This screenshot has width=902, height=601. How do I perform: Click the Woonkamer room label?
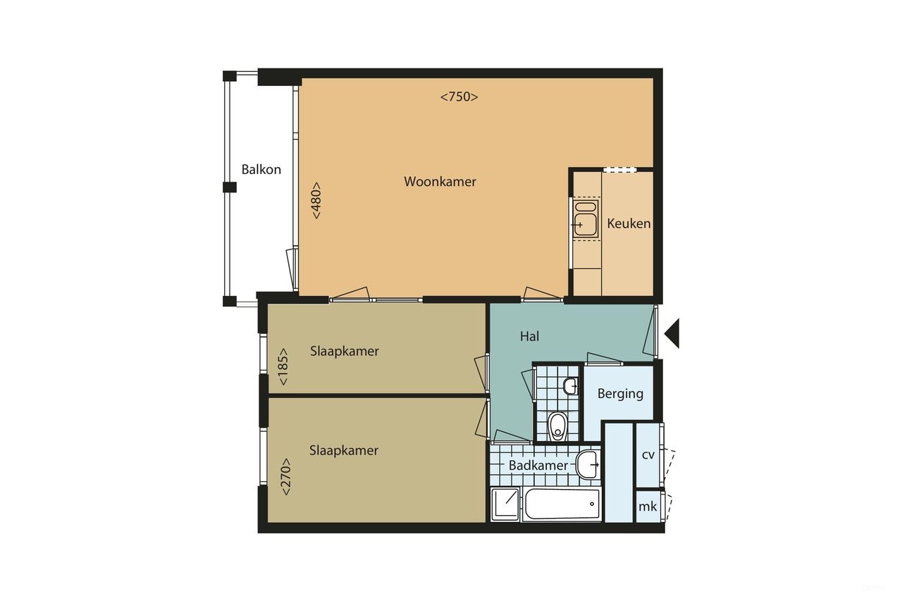click(x=440, y=182)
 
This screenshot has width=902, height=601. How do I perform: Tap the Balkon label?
click(x=261, y=170)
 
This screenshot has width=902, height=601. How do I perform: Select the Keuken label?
click(x=629, y=224)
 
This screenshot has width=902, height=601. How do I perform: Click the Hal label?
click(x=529, y=337)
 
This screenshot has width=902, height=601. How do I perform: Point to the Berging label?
click(x=620, y=394)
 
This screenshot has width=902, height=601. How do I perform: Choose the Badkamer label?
click(x=538, y=466)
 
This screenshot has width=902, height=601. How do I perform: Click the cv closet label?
click(x=648, y=455)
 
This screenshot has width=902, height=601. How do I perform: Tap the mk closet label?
click(x=648, y=507)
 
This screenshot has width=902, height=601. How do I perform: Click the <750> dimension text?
click(x=459, y=97)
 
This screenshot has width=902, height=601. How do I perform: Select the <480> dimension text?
click(x=317, y=201)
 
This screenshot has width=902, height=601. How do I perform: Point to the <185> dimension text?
click(x=283, y=367)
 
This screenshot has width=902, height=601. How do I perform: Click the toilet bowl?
click(x=557, y=425)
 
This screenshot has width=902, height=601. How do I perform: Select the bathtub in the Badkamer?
click(x=561, y=504)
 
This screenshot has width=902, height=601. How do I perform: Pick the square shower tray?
click(x=505, y=504)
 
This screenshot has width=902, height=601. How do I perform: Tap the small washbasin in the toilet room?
click(x=570, y=386)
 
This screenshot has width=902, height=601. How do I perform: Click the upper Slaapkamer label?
click(x=345, y=351)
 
